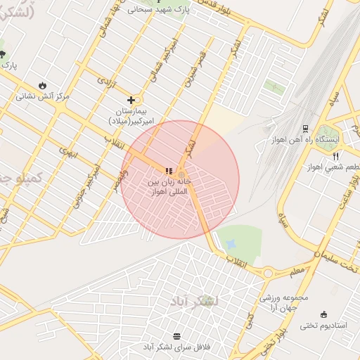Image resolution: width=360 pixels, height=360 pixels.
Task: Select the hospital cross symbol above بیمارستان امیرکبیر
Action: coord(131,101)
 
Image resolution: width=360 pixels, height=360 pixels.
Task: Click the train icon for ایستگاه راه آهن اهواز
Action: coord(305,129)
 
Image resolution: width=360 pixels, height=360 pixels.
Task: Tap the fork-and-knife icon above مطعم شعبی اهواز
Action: coord(335,156)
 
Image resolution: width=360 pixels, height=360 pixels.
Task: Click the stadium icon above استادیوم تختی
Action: coord(323,314)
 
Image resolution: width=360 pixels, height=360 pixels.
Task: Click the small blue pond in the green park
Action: coord(231,244)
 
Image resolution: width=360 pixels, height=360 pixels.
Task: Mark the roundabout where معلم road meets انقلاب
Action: coord(268,272)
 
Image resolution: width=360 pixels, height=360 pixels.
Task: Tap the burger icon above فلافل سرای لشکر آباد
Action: coord(176,335)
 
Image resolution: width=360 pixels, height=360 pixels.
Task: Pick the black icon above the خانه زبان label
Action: coord(167,171)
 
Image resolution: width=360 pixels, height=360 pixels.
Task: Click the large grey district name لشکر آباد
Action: coord(193,302)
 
